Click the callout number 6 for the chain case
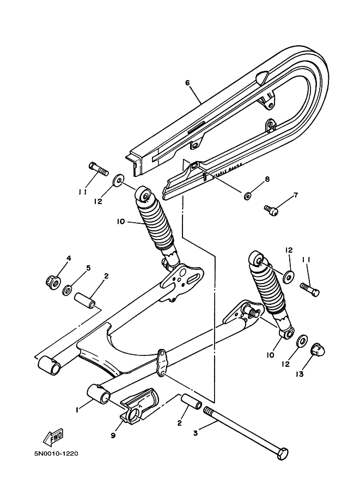pyautogui.click(x=187, y=83)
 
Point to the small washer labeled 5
pyautogui.click(x=69, y=289)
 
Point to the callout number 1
pyautogui.click(x=77, y=408)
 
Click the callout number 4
pyautogui.click(x=69, y=257)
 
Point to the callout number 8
pyautogui.click(x=267, y=179)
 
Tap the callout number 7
pyautogui.click(x=296, y=195)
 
